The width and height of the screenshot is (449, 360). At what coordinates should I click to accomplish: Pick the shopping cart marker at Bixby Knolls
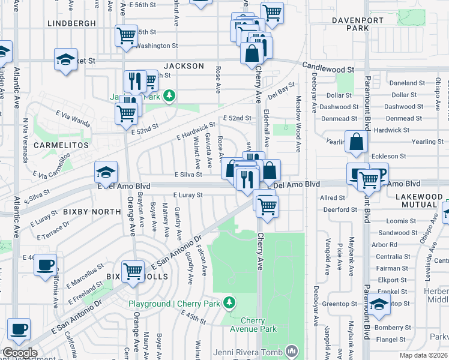(133, 271)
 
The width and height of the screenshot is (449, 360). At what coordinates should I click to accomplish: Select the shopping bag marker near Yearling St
(357, 142)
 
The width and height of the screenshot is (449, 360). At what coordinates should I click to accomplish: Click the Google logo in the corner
(19, 353)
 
